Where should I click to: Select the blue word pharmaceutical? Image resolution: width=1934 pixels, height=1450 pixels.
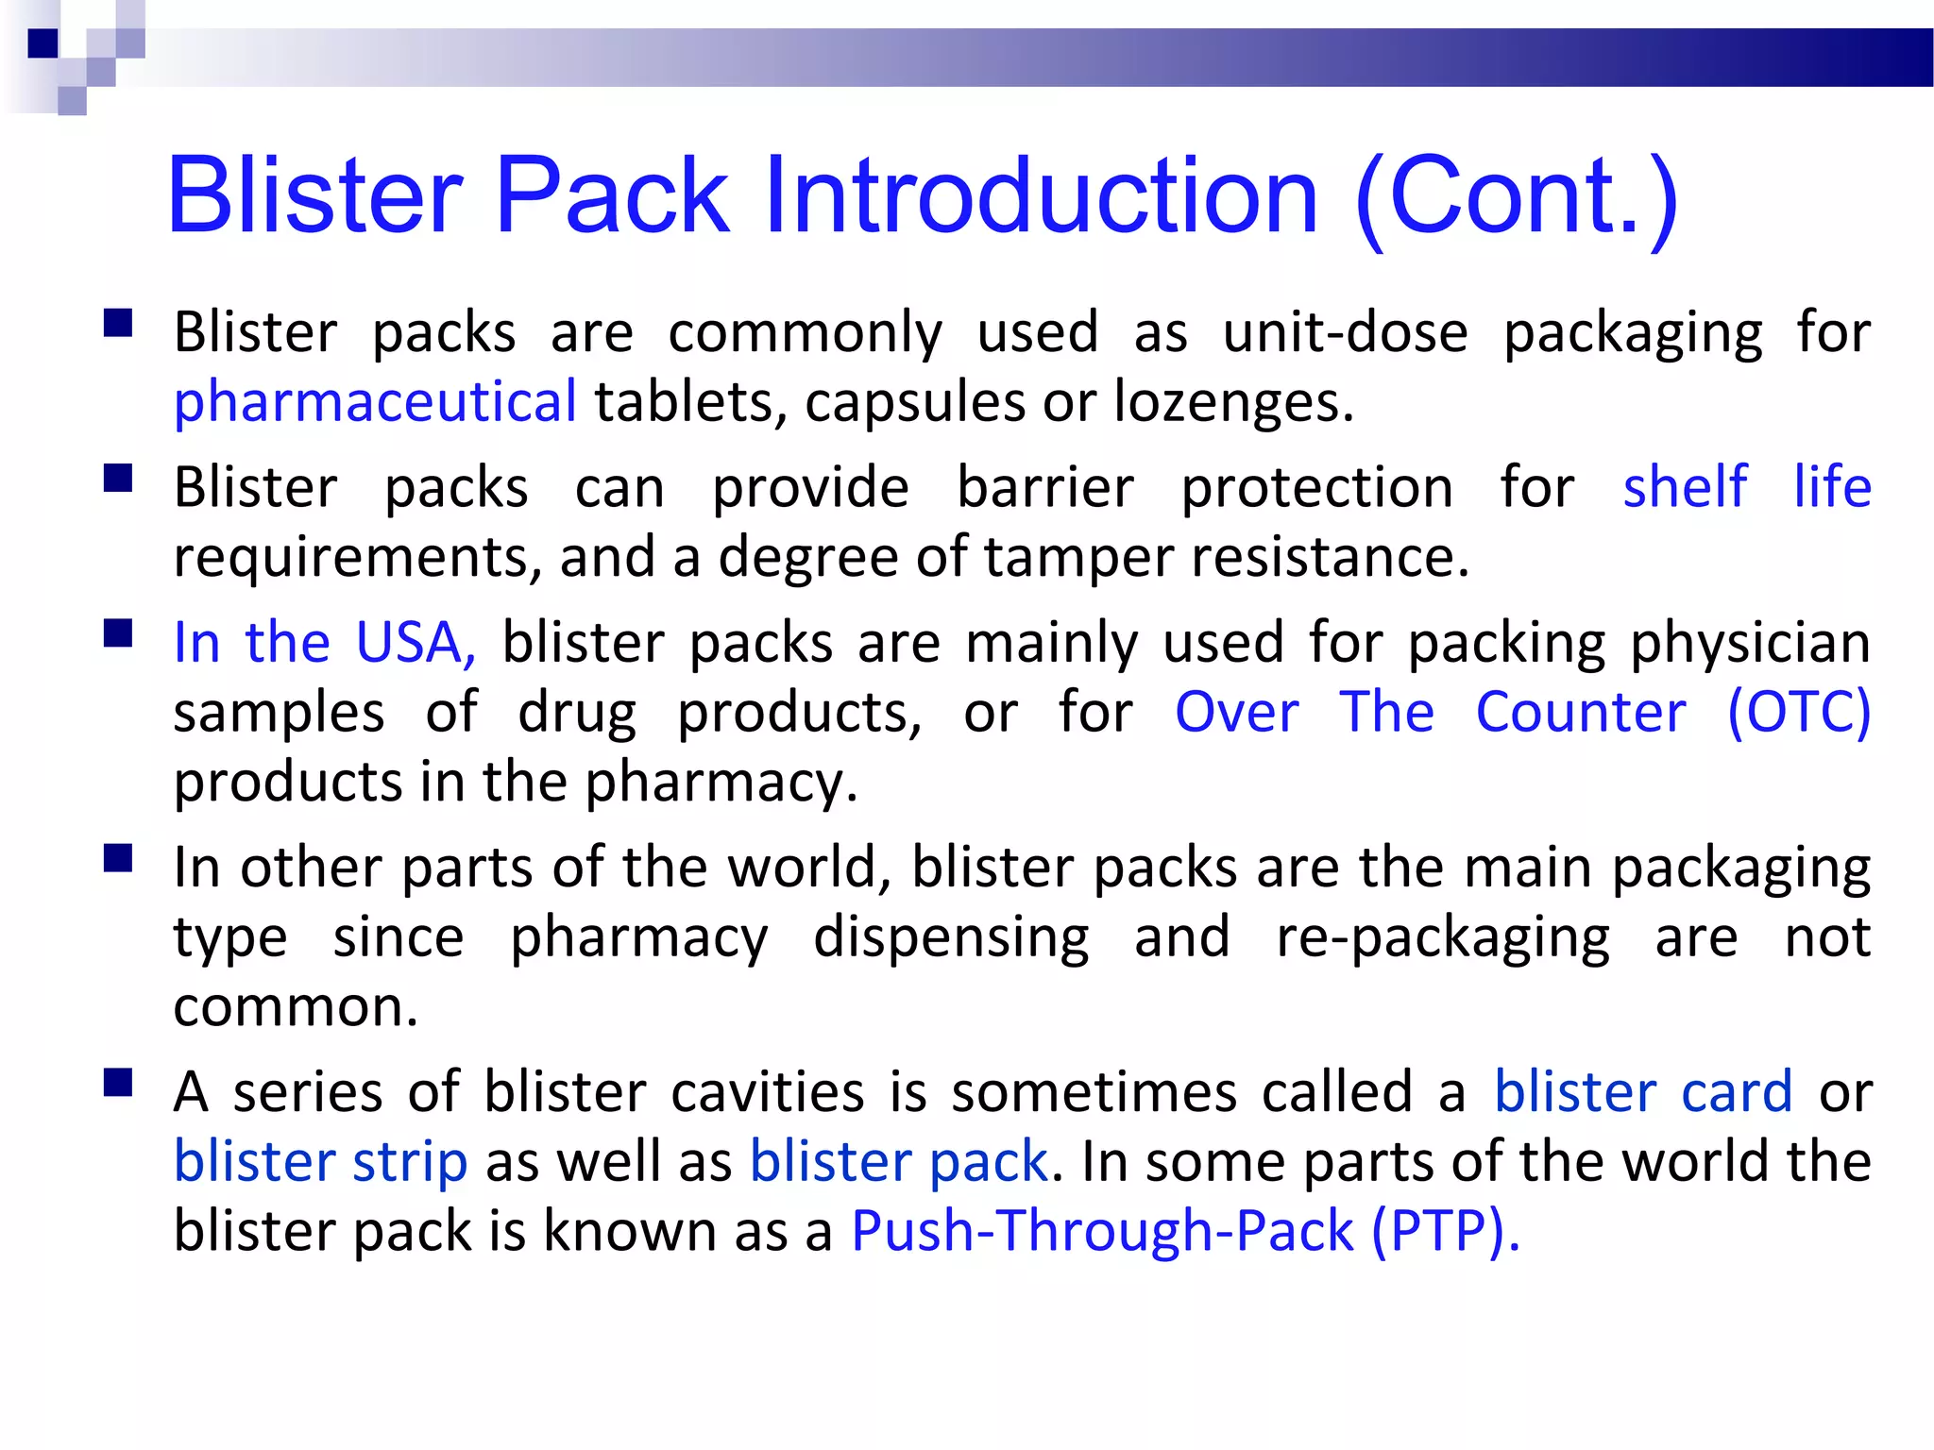tap(375, 402)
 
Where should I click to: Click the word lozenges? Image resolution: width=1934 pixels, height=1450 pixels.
tap(1233, 402)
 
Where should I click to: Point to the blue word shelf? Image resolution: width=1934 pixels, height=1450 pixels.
tap(1685, 487)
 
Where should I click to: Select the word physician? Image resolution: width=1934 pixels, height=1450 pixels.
tap(1750, 643)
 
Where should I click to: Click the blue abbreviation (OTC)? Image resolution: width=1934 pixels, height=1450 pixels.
tap(1799, 712)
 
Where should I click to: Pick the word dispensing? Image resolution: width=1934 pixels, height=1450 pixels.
tap(951, 937)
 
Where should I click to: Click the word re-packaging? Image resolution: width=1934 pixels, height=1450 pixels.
tap(1443, 937)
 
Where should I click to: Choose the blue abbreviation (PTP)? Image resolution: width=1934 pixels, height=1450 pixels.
tap(1445, 1231)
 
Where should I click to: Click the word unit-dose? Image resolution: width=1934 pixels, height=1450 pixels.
tap(1346, 332)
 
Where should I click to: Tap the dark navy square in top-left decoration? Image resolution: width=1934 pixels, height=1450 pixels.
tap(43, 43)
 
